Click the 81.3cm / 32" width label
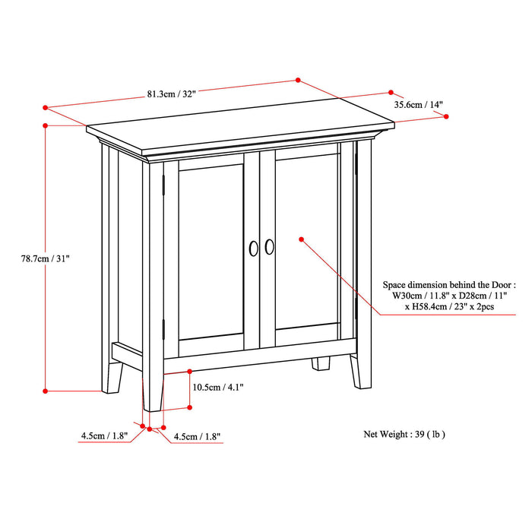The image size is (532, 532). pyautogui.click(x=172, y=94)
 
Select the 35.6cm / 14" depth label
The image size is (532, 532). pyautogui.click(x=418, y=105)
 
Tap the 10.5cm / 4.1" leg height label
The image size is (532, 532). pyautogui.click(x=218, y=387)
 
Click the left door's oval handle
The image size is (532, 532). pyautogui.click(x=253, y=247)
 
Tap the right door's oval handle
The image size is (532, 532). pyautogui.click(x=270, y=247)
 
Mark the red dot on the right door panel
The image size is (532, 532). pyautogui.click(x=302, y=239)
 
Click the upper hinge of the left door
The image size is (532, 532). pyautogui.click(x=163, y=186)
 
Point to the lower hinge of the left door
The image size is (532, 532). pyautogui.click(x=163, y=328)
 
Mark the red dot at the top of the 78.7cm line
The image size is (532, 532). pyautogui.click(x=46, y=125)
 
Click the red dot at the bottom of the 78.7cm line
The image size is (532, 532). pyautogui.click(x=46, y=391)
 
